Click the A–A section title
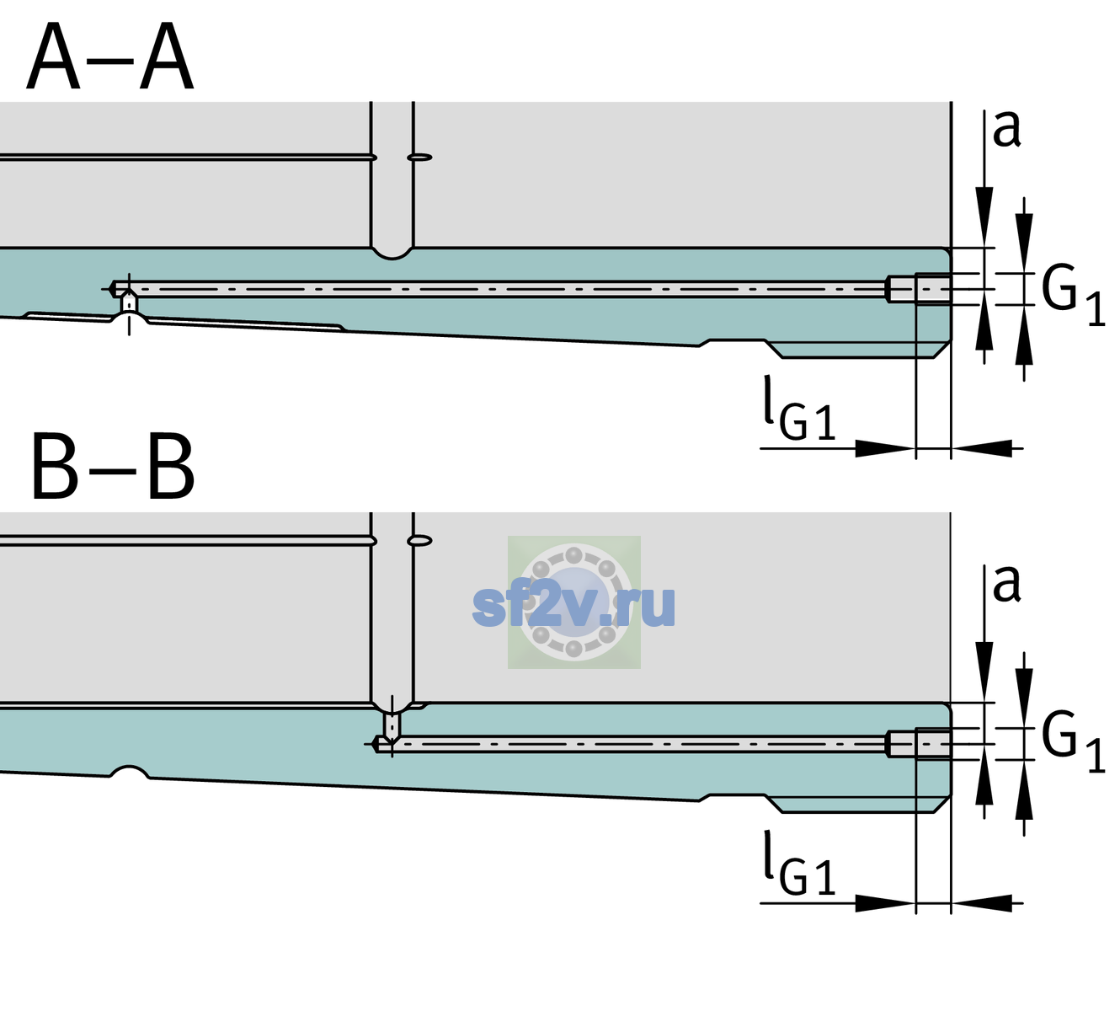[x=109, y=56]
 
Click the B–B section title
[x=114, y=467]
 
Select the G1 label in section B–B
[x=1073, y=743]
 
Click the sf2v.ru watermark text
[x=574, y=606]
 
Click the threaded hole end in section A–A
[x=919, y=289]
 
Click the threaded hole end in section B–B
[x=919, y=744]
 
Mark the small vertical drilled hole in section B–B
[x=392, y=726]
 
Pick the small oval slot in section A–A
[x=419, y=158]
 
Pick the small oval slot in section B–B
[x=419, y=541]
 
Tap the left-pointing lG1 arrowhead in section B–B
[x=982, y=902]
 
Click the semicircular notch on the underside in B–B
[x=129, y=772]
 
